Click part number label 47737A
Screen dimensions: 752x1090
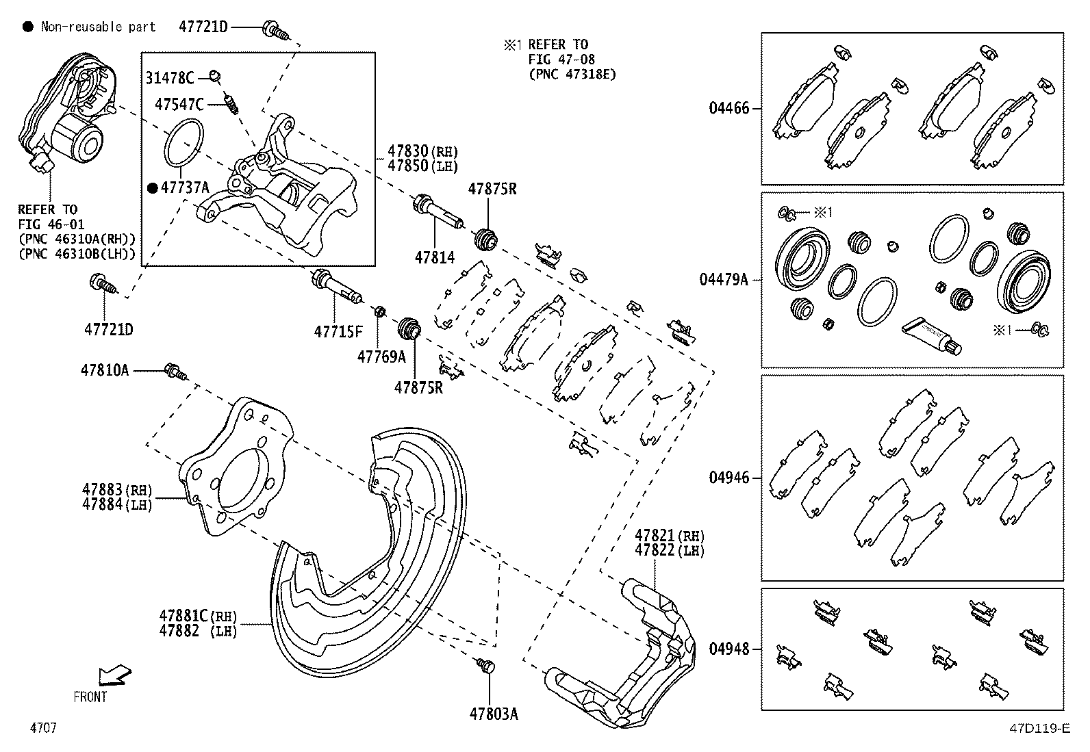(184, 187)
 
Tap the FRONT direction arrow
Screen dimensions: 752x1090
(114, 676)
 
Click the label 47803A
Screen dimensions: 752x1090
(493, 714)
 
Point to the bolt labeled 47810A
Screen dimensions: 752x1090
(175, 373)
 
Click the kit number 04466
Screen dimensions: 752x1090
(729, 108)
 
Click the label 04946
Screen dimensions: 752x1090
(729, 478)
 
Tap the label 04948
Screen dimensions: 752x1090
(729, 648)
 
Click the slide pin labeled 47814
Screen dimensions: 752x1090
(438, 212)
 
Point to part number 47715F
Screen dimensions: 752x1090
(338, 332)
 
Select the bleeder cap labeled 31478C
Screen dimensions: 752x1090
(214, 75)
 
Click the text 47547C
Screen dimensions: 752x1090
(179, 105)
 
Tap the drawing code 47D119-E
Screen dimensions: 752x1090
(1039, 729)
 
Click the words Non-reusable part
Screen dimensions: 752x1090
(98, 27)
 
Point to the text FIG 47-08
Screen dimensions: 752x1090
(558, 60)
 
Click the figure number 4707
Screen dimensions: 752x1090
(42, 728)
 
